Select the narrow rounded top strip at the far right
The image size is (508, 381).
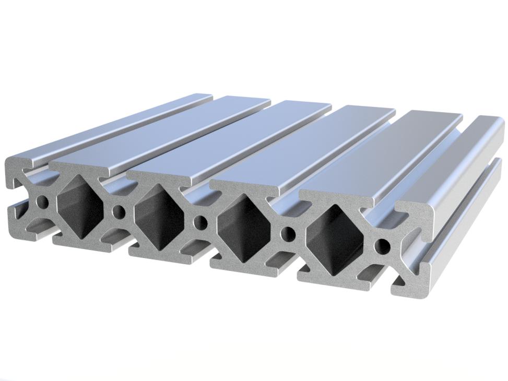coord(470,157)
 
